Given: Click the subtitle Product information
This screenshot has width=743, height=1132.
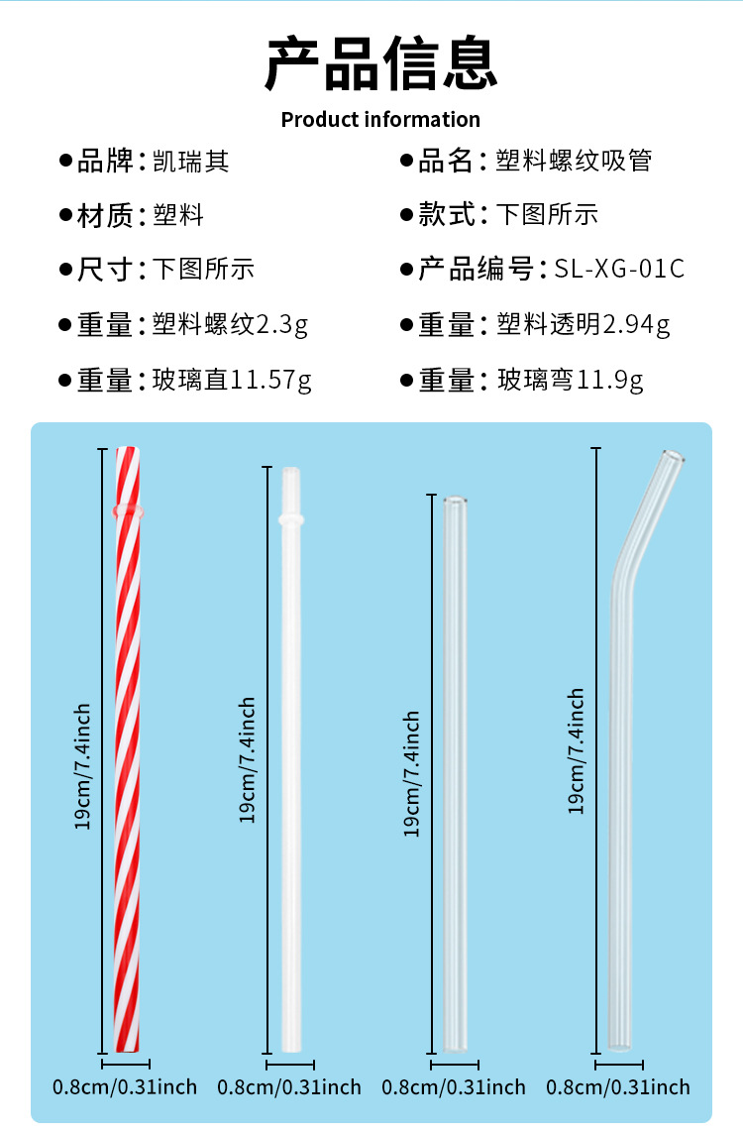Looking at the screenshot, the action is tap(380, 120).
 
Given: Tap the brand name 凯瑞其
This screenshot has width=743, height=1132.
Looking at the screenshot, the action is tap(191, 162).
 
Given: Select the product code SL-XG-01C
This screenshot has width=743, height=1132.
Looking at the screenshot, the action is tap(619, 269).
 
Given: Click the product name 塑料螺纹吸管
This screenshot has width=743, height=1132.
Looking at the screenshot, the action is tap(574, 162).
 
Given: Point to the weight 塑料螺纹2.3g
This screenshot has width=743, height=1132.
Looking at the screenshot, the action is tap(230, 324).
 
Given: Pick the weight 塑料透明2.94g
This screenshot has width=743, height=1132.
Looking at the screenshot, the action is tap(583, 324).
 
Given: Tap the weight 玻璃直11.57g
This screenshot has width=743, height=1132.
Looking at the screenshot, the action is tap(232, 380).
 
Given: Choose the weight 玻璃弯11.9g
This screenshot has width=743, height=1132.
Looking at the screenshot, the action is tap(570, 380).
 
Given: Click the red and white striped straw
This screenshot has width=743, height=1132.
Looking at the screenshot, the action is tap(128, 753).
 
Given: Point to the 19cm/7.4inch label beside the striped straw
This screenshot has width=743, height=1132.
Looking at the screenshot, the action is tap(84, 766).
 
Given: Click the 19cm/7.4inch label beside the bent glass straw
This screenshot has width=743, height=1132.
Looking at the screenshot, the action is tap(576, 750).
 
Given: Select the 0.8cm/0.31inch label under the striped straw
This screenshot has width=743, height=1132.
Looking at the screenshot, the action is tap(125, 1087).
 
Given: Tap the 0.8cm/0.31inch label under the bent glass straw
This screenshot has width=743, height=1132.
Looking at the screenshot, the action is tap(618, 1087).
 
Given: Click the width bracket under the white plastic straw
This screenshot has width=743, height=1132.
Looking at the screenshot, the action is tap(290, 1066).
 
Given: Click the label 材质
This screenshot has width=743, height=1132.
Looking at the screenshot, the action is tap(105, 215).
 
